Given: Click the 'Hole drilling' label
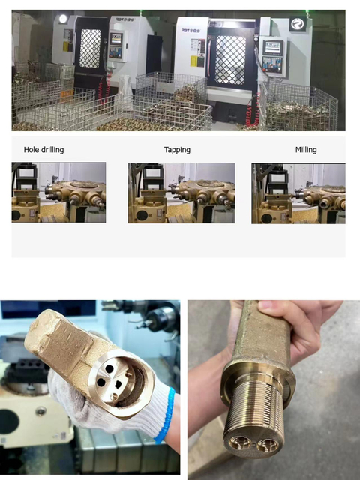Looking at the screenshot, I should coord(43,150).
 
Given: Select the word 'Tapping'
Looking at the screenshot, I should coord(177,150).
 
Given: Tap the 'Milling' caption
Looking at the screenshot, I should coord(306,150).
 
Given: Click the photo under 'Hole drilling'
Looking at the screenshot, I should coord(58,193).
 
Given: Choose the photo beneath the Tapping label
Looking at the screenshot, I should coord(181,193).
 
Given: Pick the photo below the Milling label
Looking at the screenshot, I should coord(298,193).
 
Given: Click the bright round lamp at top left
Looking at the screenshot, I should coord(62,19).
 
